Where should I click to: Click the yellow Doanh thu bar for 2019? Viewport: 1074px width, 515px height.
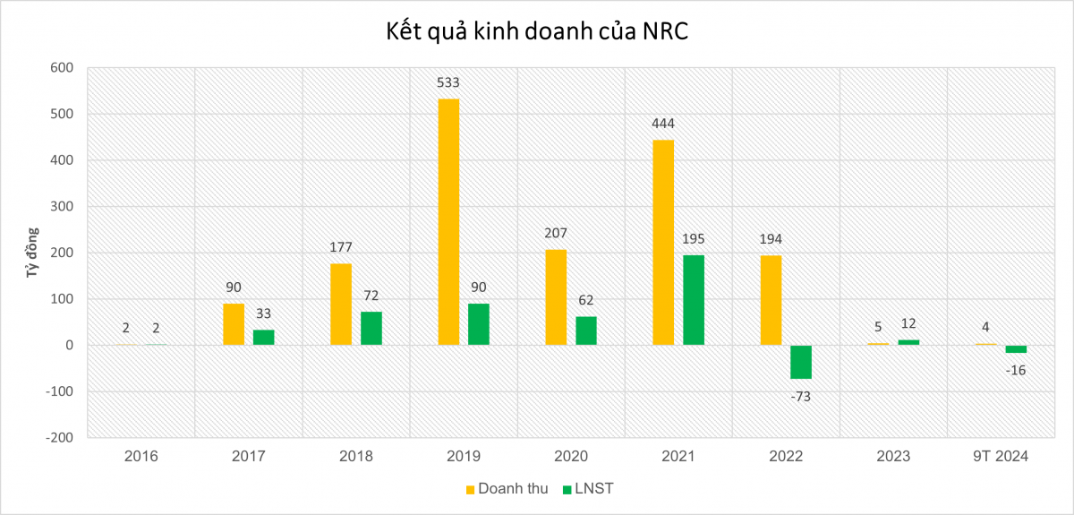[448, 222]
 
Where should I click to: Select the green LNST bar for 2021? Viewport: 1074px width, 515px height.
[694, 300]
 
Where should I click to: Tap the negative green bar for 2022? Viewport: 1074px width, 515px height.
[801, 362]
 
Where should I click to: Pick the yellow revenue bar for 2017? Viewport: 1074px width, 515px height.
[234, 324]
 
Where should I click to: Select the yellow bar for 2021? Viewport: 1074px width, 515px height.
[663, 243]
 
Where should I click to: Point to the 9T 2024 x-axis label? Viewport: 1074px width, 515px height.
[1001, 456]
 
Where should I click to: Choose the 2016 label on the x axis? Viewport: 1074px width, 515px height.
[141, 456]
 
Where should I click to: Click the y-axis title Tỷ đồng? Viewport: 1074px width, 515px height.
[29, 253]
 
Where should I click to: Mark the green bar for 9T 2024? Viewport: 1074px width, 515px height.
[1016, 349]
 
